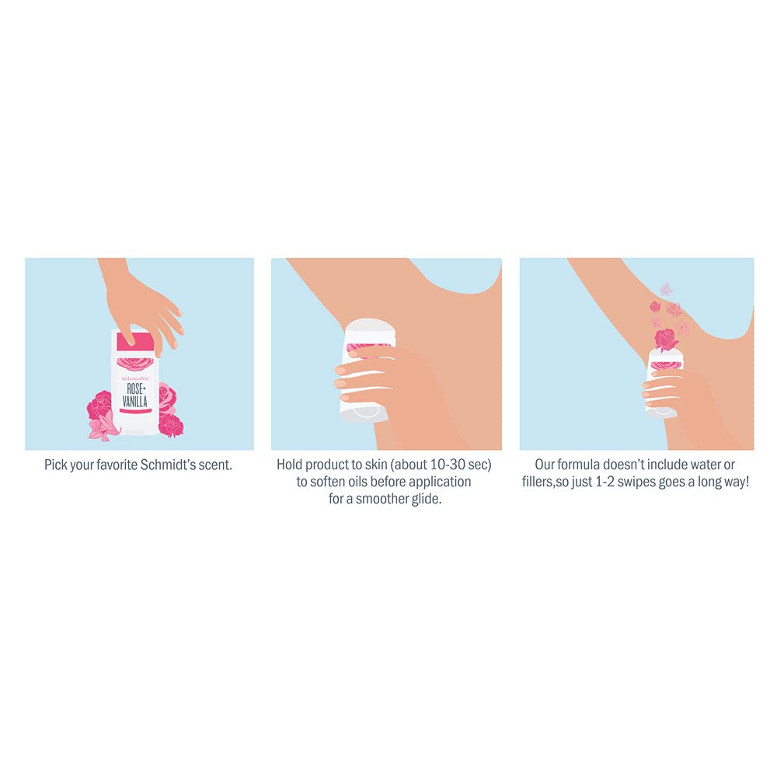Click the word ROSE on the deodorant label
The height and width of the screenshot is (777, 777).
pos(134,388)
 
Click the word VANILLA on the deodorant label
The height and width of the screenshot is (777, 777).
pos(134,401)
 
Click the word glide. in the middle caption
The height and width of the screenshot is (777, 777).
pos(426,499)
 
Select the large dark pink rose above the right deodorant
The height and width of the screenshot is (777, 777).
pos(667,340)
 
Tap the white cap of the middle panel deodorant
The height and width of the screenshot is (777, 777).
pos(371,329)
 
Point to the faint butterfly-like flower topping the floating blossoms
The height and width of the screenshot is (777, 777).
pos(667,289)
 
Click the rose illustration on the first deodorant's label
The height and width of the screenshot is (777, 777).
pos(134,365)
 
